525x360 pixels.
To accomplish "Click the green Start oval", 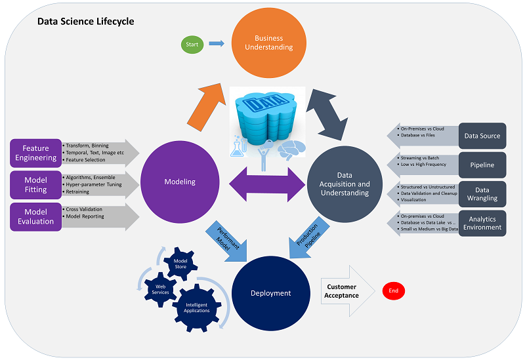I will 193,45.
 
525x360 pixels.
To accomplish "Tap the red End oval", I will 394,290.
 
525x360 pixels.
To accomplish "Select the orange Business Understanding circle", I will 274,43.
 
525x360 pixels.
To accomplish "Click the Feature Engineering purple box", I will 35,153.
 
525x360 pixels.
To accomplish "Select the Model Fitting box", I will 35,185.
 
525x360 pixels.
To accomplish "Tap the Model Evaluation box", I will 35,217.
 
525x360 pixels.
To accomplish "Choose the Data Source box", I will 482,136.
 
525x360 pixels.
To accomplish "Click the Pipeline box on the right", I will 482,165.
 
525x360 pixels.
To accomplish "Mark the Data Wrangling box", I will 482,193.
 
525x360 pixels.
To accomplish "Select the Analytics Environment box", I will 482,223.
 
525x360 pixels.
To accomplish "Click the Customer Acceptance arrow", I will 344,290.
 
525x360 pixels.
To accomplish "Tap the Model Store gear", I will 180,264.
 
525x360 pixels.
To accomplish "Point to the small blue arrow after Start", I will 216,45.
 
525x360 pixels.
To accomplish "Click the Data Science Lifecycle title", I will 85,22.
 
